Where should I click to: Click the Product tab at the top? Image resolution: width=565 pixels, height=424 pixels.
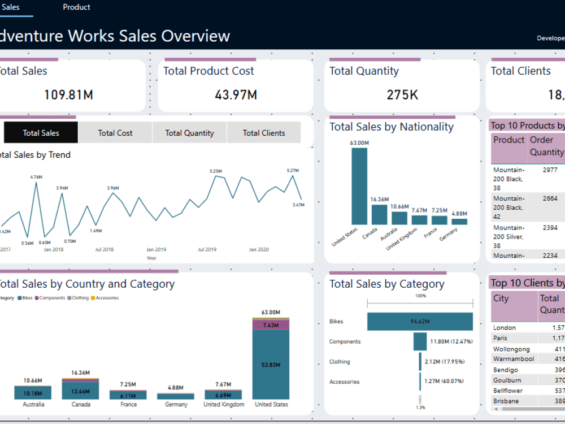[x=76, y=7]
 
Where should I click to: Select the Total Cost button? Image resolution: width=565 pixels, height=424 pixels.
[x=115, y=133]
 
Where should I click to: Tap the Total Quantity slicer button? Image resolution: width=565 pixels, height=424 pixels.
[x=189, y=133]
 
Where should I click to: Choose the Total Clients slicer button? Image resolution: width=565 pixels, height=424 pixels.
[x=264, y=133]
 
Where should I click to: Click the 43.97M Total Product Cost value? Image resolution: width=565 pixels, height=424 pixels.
[x=236, y=94]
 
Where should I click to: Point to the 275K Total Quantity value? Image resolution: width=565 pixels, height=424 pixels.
[x=402, y=94]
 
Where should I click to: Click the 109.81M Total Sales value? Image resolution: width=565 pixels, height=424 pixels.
[x=68, y=94]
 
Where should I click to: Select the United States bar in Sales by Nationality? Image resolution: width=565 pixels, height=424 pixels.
[x=359, y=187]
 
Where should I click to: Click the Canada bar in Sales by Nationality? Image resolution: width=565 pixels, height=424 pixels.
[x=379, y=215]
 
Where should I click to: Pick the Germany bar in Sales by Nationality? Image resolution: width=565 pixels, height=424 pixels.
[x=459, y=222]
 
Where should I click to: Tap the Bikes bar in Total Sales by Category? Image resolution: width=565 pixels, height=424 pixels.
[x=420, y=322]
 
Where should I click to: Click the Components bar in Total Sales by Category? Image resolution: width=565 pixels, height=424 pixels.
[x=420, y=341]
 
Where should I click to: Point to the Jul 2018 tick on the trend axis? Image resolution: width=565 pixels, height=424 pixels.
[x=105, y=249]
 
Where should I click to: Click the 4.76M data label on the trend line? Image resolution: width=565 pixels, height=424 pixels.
[x=36, y=177]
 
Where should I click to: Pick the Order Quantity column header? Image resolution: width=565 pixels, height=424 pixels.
[x=546, y=146]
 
